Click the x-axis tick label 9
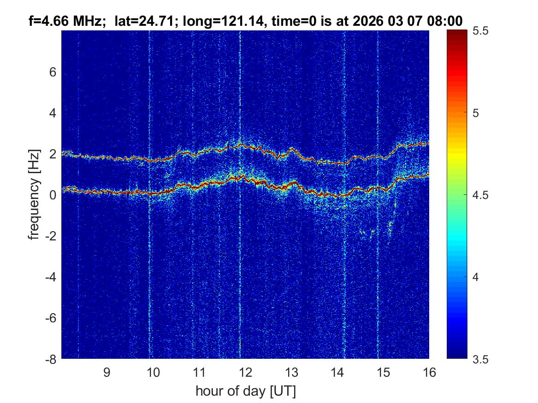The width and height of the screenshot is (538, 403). click(x=106, y=373)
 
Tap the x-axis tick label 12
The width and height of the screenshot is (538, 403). click(x=245, y=373)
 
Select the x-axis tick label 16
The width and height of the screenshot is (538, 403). click(x=429, y=373)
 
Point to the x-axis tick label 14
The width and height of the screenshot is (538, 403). click(x=337, y=373)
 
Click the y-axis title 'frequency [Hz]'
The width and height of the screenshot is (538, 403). click(x=34, y=195)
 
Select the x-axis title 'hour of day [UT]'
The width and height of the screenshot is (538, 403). click(x=245, y=391)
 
